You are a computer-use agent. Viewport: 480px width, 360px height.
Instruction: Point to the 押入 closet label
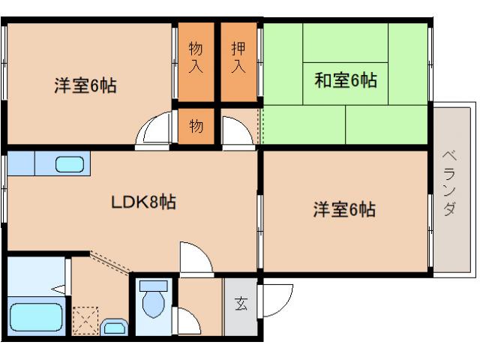click(238, 57)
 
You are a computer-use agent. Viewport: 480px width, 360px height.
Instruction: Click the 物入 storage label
click(196, 57)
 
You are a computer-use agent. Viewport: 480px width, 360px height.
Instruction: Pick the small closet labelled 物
click(196, 126)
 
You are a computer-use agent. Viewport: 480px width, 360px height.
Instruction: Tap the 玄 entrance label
click(241, 304)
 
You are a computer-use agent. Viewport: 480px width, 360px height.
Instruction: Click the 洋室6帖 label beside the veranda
click(344, 211)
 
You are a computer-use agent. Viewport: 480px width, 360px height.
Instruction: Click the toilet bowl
click(154, 303)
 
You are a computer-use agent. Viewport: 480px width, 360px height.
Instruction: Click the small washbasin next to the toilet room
click(113, 326)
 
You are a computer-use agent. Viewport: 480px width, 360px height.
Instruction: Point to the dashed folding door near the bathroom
click(109, 261)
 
